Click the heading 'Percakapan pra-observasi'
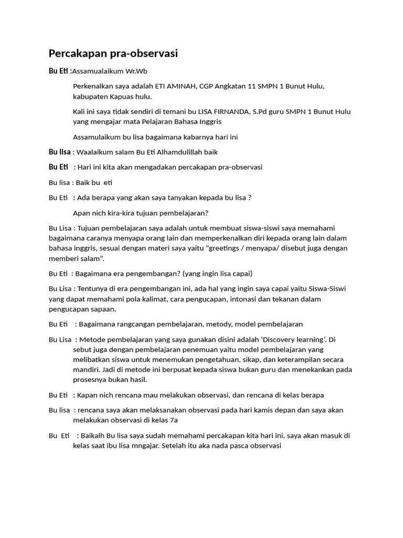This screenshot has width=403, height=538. click(113, 53)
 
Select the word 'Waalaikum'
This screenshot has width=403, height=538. click(93, 152)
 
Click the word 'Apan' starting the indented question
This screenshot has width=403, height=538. click(82, 213)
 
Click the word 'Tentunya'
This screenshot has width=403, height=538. click(92, 288)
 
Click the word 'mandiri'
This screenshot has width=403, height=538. click(86, 370)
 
